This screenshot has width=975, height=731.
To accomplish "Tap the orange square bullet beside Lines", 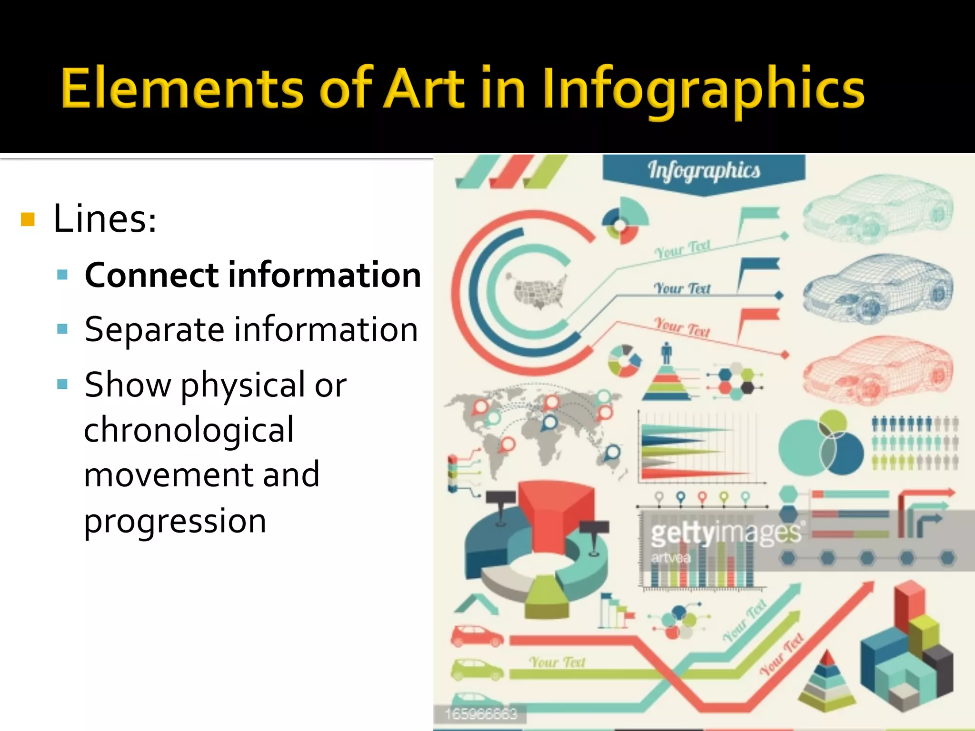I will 28,219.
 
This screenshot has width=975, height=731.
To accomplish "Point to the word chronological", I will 189,429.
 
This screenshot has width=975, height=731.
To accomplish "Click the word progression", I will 175,521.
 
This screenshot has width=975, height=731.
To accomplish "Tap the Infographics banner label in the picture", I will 704,171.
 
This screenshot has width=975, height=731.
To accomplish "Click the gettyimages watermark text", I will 726,533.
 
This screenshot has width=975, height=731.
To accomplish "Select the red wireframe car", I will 877,371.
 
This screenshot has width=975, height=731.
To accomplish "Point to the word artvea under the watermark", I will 671,557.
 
